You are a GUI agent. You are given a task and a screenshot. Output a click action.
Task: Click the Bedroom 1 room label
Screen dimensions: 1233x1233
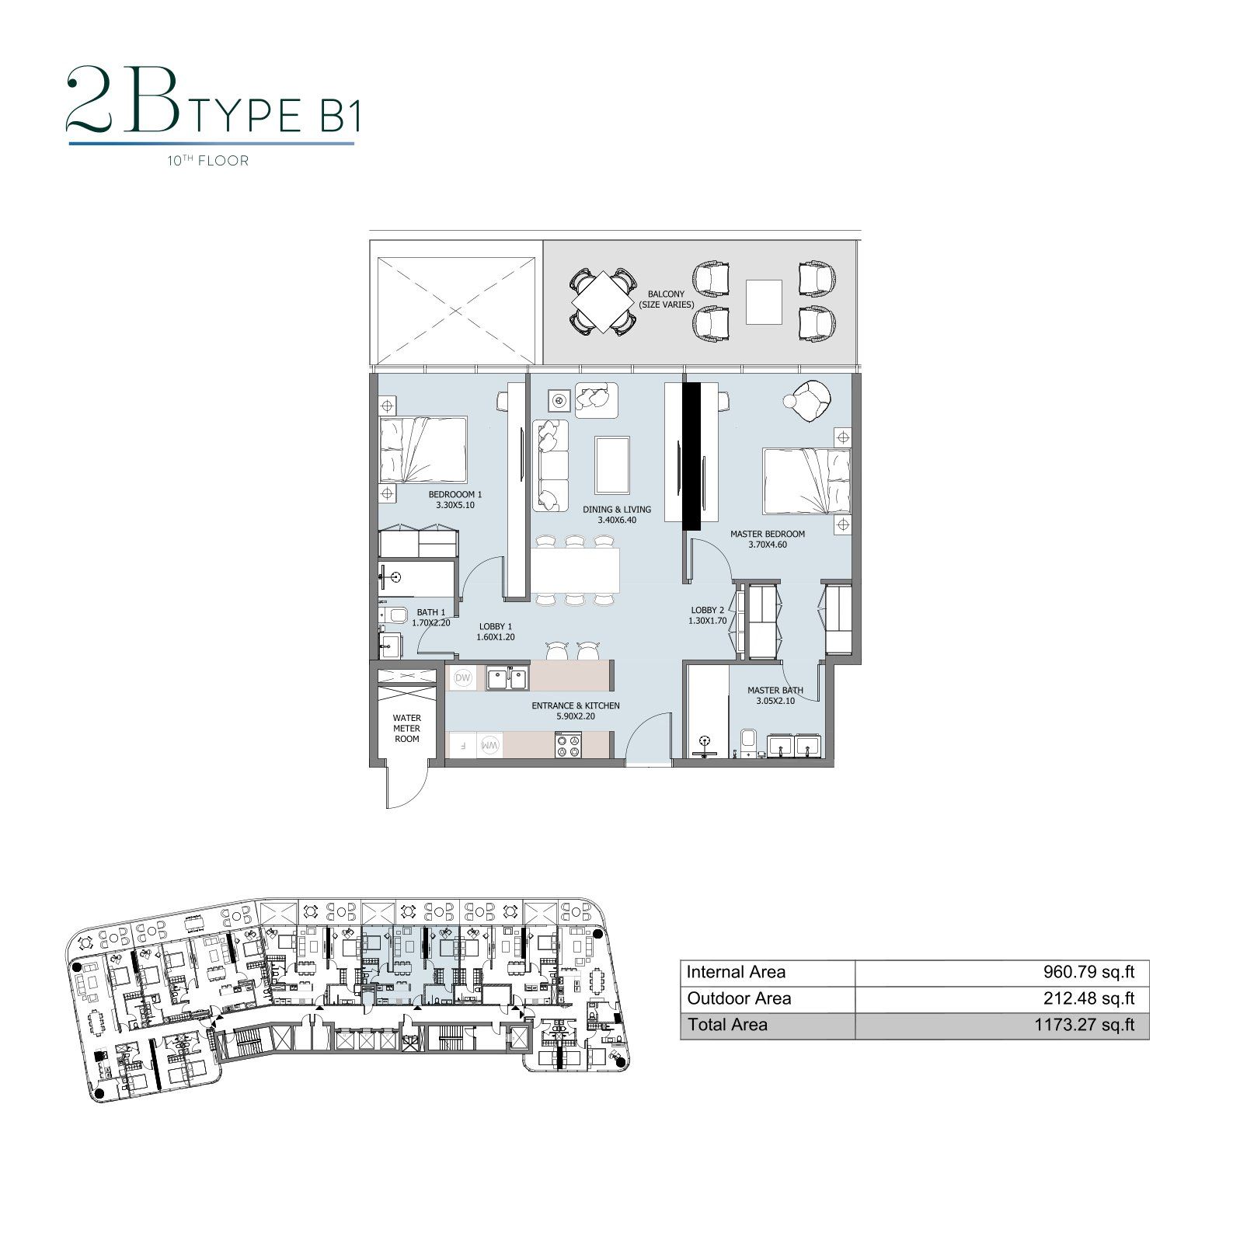coord(455,494)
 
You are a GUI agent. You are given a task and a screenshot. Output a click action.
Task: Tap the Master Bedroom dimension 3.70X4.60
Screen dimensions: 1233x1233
coord(768,545)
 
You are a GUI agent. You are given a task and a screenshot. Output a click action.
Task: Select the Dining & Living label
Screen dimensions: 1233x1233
coord(617,510)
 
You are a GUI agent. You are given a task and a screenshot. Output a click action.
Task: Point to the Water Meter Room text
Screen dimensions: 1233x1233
coord(406,729)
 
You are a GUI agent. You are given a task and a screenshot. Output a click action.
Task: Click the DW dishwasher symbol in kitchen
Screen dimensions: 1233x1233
coord(463,678)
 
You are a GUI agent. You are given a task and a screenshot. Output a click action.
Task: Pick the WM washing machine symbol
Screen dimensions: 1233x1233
coord(491,745)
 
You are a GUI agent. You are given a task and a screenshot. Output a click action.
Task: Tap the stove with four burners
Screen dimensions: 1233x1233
coord(568,746)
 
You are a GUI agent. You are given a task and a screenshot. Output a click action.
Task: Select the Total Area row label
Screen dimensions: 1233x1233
coord(727,1025)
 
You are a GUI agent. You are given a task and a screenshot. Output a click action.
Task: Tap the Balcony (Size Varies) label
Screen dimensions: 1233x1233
coord(667,299)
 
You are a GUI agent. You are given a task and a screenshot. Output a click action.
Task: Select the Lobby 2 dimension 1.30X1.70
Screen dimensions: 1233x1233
coord(707,621)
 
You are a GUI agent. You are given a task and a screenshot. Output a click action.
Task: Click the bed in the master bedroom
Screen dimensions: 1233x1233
coord(806,480)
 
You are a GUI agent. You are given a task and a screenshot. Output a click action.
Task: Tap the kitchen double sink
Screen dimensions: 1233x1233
coord(507,678)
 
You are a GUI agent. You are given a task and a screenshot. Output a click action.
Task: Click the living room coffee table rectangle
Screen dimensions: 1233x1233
coord(613,465)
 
